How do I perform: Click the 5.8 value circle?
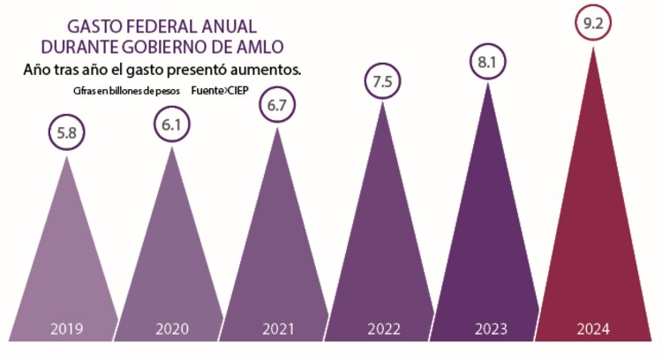66,134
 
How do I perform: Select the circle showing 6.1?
171,124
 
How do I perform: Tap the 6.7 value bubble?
277,106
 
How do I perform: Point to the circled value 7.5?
382,81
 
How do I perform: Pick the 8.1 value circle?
487,63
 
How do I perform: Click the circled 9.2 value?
592,26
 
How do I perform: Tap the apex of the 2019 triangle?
67,157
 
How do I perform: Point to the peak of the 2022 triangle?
382,102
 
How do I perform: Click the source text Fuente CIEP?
225,91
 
